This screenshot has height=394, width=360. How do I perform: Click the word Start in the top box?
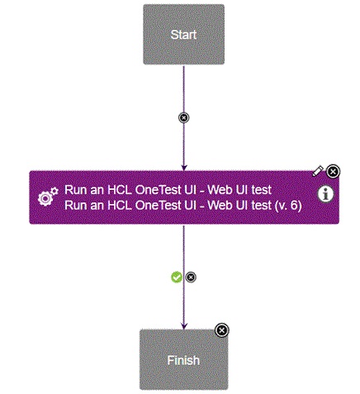click(x=183, y=35)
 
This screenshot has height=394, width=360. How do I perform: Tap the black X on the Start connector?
click(x=183, y=117)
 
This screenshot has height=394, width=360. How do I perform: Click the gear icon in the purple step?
click(x=48, y=197)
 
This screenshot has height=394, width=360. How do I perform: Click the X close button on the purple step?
click(x=333, y=171)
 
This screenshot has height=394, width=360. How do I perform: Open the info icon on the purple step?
click(x=326, y=194)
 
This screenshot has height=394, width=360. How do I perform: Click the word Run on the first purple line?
click(x=76, y=189)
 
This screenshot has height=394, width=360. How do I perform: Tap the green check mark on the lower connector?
click(x=177, y=277)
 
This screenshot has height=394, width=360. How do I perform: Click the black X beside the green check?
click(x=191, y=277)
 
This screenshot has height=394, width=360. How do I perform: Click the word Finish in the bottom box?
click(x=183, y=360)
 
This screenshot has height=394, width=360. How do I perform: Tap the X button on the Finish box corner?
click(x=221, y=330)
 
